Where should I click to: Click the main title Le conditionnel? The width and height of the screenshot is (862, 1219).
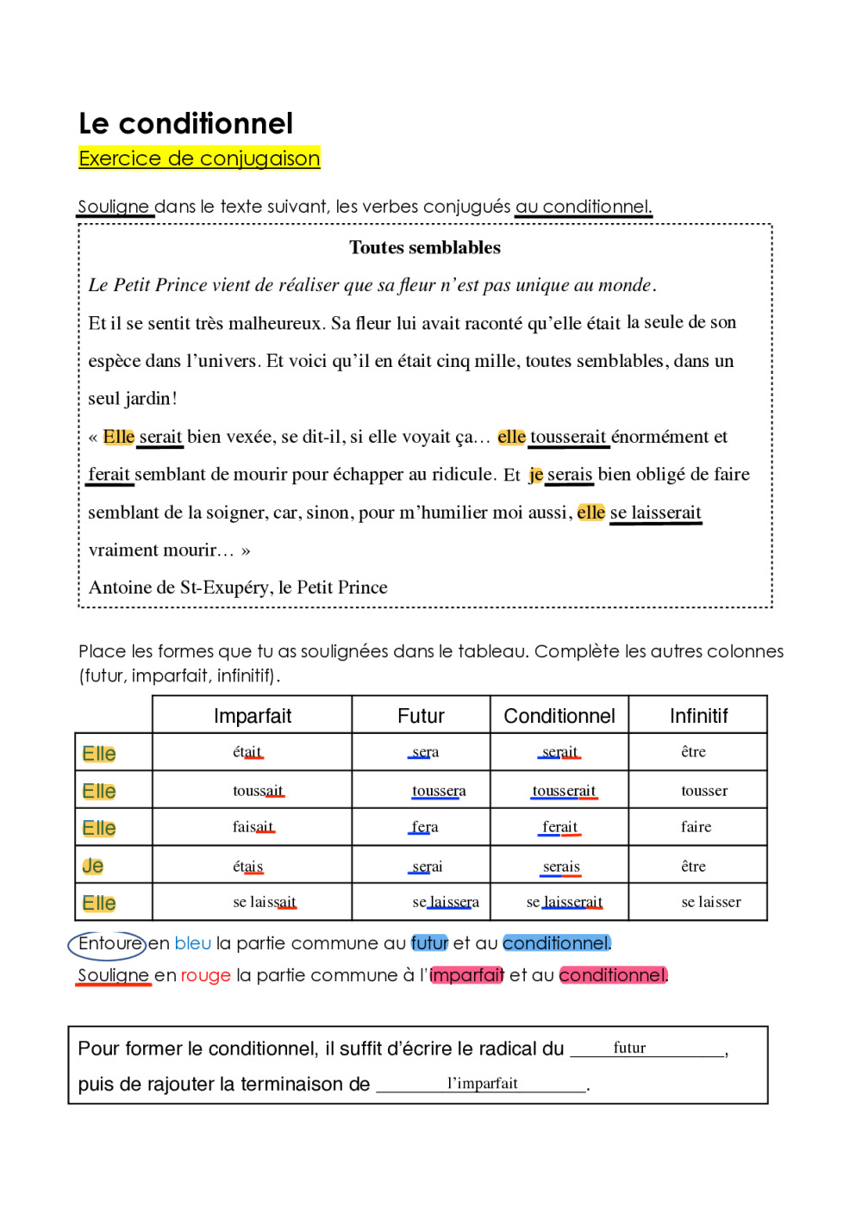(x=185, y=124)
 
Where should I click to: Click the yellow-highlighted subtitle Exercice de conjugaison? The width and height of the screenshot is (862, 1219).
(x=199, y=159)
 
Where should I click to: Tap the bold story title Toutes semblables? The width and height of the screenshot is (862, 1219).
(x=424, y=248)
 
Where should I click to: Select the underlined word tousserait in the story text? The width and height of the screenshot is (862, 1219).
(x=568, y=437)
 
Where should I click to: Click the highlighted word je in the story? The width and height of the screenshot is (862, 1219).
(x=535, y=475)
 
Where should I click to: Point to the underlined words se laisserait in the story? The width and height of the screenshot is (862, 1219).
(x=655, y=513)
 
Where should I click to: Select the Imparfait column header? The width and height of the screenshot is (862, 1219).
(x=252, y=716)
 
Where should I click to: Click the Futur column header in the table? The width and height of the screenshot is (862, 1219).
(x=421, y=716)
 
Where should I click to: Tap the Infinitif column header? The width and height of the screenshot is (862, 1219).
(x=698, y=716)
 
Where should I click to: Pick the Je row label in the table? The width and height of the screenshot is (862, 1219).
(x=93, y=866)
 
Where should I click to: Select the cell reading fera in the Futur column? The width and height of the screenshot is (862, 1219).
(x=424, y=827)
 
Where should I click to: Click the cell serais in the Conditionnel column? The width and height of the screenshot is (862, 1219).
(x=561, y=867)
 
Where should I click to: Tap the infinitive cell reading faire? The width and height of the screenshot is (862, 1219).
(x=696, y=827)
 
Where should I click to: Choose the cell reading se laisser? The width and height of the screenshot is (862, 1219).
(x=710, y=902)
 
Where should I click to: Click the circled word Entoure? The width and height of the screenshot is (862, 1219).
(x=109, y=944)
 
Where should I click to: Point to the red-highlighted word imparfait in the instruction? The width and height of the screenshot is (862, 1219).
(x=466, y=975)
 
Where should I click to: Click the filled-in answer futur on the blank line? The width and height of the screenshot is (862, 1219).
(x=629, y=1048)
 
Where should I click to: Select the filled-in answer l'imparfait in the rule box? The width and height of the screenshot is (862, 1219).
(x=482, y=1083)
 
